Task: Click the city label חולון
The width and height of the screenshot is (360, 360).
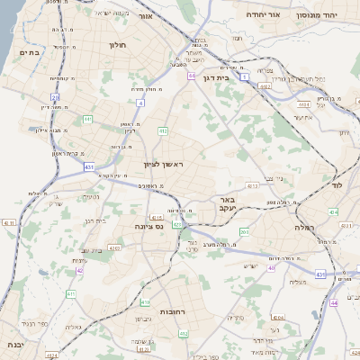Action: [117, 44]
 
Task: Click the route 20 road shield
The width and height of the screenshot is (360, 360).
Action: [55, 96]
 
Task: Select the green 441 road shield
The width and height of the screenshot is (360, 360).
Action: [87, 118]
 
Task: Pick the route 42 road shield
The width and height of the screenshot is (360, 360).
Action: [80, 269]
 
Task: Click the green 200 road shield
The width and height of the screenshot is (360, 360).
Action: [244, 232]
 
